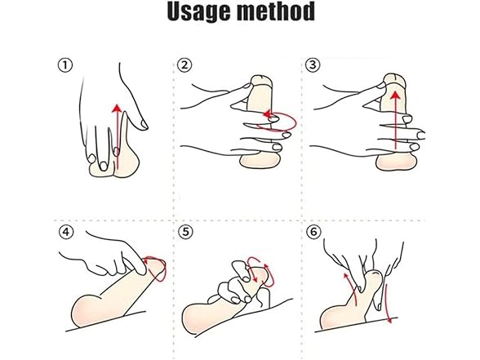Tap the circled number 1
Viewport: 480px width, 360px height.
(65, 65)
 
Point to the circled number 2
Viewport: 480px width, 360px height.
(184, 65)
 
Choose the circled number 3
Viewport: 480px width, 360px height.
(313, 65)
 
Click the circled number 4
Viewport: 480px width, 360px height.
(66, 233)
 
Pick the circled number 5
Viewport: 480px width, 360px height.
(185, 233)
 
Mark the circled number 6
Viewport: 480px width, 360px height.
(313, 232)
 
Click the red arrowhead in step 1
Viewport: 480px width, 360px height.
(116, 109)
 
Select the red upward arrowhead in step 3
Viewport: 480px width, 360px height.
(396, 96)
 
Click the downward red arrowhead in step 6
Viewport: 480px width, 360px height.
(389, 320)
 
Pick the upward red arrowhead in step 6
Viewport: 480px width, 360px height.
(346, 276)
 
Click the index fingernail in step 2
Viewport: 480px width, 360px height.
(246, 87)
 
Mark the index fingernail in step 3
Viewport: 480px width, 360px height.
(380, 85)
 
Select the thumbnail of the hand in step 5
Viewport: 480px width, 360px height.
(244, 278)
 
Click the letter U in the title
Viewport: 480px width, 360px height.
(177, 11)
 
